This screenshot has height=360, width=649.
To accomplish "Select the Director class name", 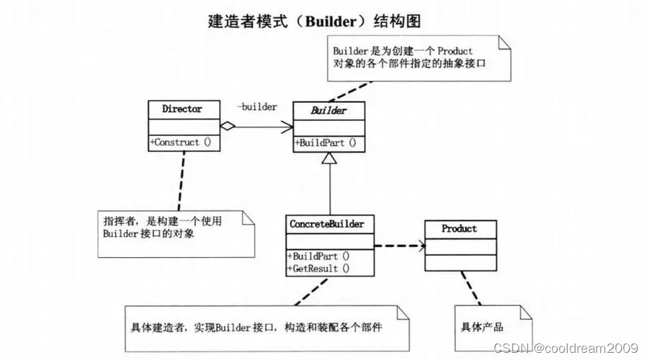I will pyautogui.click(x=182, y=109).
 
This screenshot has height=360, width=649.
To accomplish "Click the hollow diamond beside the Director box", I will pyautogui.click(x=228, y=127).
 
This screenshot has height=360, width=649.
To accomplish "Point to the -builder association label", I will pyautogui.click(x=257, y=107).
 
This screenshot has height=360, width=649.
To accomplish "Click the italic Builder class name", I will pyautogui.click(x=328, y=110).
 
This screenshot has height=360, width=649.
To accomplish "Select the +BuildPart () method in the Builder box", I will pyautogui.click(x=326, y=142).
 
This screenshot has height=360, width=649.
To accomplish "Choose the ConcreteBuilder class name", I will pyautogui.click(x=328, y=224).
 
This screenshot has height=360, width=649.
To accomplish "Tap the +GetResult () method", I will pyautogui.click(x=318, y=268).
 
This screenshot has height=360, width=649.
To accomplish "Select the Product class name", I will pyautogui.click(x=459, y=228).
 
